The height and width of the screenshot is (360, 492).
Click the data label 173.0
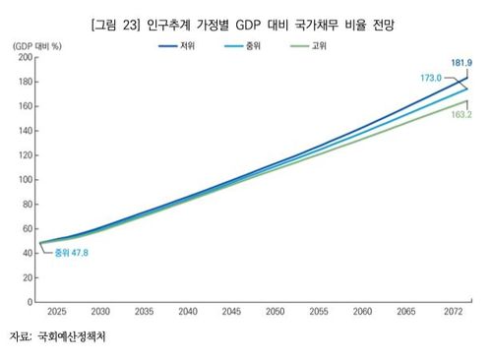[x=431, y=76]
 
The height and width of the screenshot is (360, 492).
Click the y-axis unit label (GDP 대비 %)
[x=36, y=45]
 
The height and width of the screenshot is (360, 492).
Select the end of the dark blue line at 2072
[x=465, y=79]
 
